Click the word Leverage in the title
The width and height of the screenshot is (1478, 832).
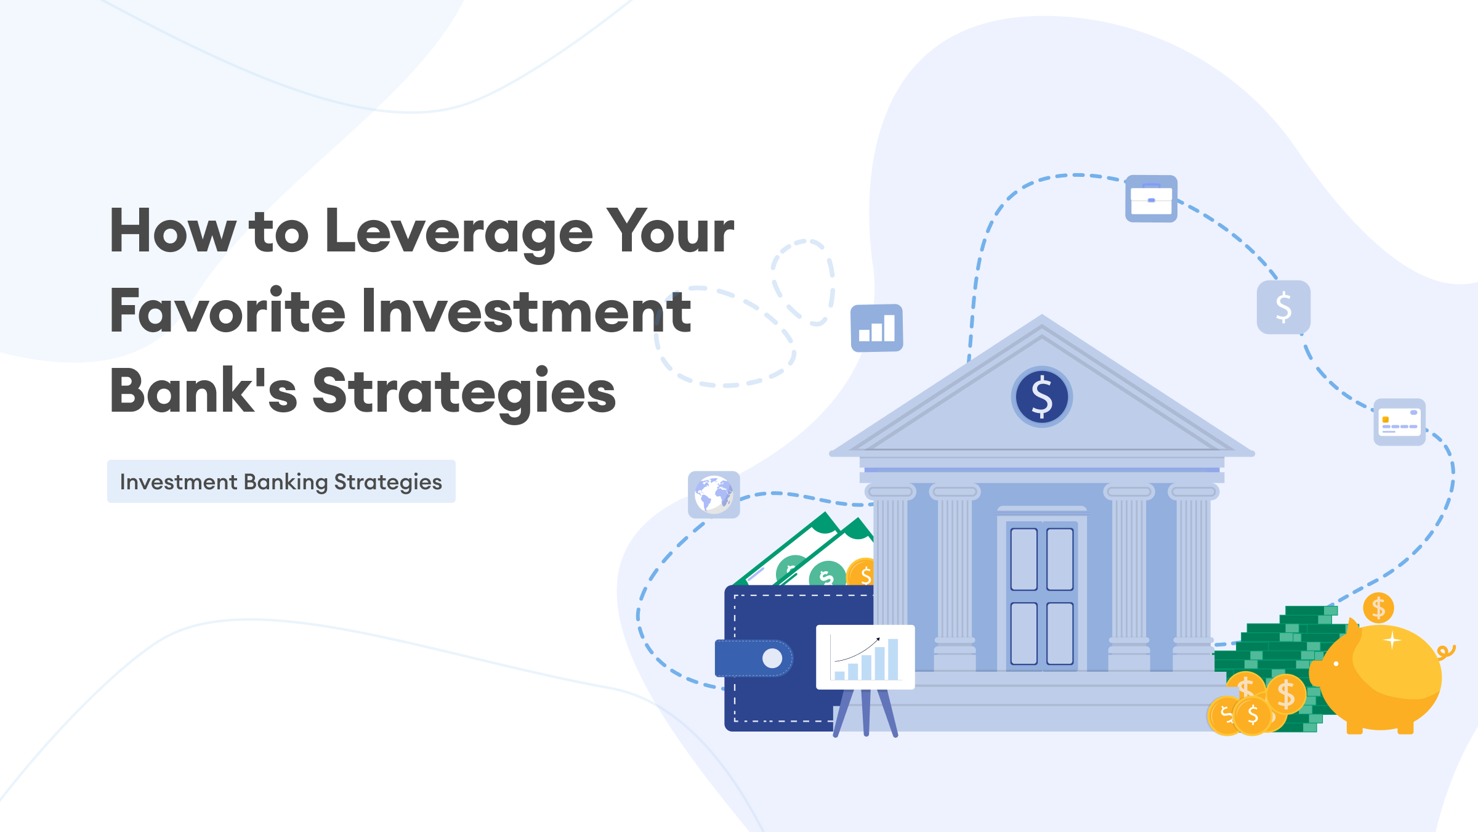tap(459, 233)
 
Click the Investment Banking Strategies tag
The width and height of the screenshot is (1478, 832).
tap(281, 481)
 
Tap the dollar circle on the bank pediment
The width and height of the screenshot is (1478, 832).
tap(1042, 397)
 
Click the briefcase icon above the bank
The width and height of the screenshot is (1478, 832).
tap(1151, 198)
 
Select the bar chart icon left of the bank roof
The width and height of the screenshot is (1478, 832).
tap(877, 328)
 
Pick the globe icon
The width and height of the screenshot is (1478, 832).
tap(714, 495)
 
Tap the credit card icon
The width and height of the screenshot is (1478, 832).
tap(1400, 422)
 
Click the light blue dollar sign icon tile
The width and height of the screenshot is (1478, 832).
tap(1283, 307)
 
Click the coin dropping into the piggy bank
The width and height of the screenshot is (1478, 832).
tap(1378, 608)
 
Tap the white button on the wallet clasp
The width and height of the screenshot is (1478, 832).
tap(772, 658)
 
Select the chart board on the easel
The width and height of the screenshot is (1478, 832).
tap(865, 657)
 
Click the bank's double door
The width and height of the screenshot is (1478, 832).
tap(1042, 596)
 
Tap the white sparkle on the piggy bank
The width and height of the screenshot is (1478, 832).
tap(1392, 641)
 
